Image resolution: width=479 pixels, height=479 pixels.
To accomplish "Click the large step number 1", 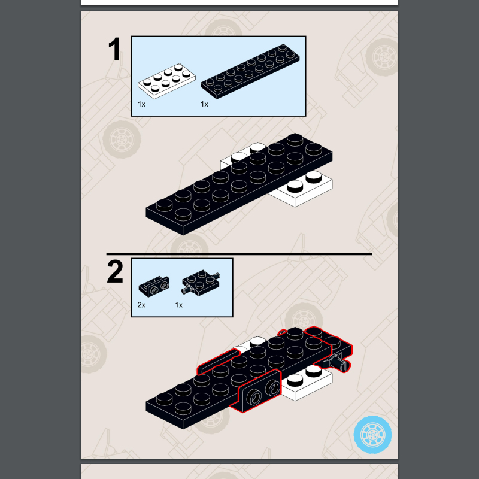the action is pos(114,49).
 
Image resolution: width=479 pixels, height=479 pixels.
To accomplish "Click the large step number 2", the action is pos(115,272).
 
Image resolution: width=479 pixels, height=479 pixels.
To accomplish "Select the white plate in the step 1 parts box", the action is pos(166,81).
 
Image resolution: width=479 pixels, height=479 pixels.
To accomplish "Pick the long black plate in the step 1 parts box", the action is pos(250,71).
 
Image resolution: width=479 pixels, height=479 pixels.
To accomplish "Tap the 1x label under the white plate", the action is pos(141,104).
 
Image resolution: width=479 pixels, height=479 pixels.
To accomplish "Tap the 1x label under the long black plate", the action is pos(204,104).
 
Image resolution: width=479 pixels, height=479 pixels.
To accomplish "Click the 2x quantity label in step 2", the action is pos(141,305).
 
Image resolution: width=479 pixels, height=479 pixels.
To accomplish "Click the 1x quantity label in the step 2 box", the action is pos(178,305).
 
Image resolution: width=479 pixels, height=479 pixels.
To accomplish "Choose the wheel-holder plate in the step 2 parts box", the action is pos(201,282).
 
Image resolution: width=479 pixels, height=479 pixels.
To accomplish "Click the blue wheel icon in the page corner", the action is pos(372,435).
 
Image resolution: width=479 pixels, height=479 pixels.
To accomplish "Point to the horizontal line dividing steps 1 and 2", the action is pos(239,254).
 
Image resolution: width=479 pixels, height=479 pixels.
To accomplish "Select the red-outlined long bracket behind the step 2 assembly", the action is pos(217,361).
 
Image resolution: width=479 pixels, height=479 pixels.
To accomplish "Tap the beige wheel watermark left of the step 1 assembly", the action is pos(122,140).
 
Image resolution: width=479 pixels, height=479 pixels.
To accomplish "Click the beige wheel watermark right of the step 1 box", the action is pos(381,57).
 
